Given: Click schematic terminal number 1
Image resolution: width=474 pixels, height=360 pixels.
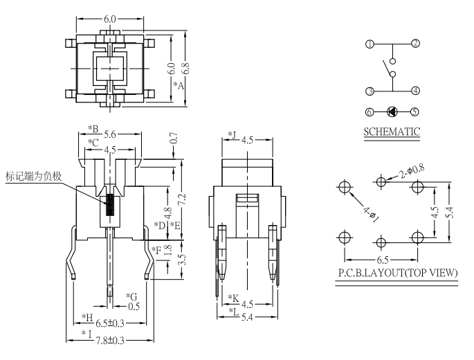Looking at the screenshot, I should [370, 44].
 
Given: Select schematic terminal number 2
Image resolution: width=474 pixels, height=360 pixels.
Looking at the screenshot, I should [415, 44].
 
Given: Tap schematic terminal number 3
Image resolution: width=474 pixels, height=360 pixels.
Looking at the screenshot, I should [370, 91].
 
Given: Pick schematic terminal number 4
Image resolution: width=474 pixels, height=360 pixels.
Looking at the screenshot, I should [415, 91].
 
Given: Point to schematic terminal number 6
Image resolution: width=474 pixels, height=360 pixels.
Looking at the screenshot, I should [370, 111].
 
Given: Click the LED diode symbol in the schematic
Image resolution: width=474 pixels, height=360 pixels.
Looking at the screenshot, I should [392, 111].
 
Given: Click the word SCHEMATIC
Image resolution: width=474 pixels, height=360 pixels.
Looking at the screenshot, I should [392, 131].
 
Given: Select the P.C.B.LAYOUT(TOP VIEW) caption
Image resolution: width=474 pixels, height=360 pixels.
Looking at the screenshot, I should [396, 273].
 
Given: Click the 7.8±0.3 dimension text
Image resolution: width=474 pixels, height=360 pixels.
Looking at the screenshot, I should [111, 341].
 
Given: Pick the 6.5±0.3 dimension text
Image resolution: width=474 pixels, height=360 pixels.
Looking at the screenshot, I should [111, 323].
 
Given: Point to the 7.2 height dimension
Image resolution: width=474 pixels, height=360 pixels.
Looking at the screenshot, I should [182, 199].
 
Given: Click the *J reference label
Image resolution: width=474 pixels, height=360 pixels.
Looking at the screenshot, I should [232, 135].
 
